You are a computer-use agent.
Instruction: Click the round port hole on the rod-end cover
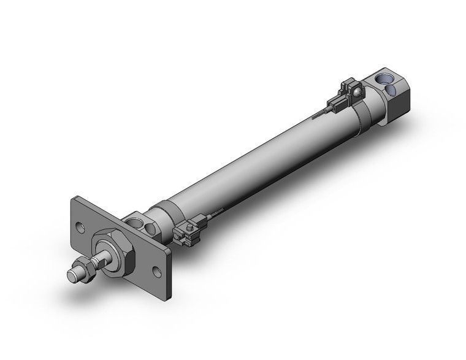click(150, 229)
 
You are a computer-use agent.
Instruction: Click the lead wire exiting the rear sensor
click(321, 113)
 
